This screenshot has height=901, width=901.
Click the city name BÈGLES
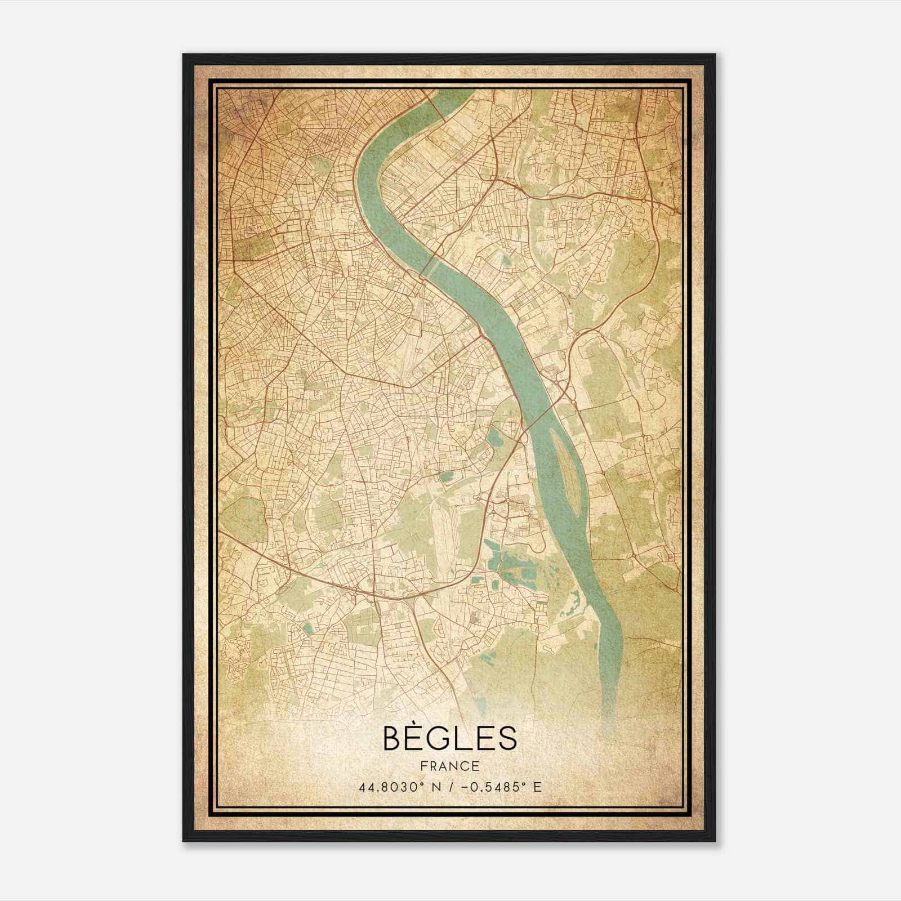pyautogui.click(x=449, y=738)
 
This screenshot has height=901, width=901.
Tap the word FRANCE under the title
pyautogui.click(x=449, y=766)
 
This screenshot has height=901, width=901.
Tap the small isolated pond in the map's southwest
pyautogui.click(x=307, y=628)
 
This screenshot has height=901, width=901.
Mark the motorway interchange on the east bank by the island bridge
pyautogui.click(x=560, y=389)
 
